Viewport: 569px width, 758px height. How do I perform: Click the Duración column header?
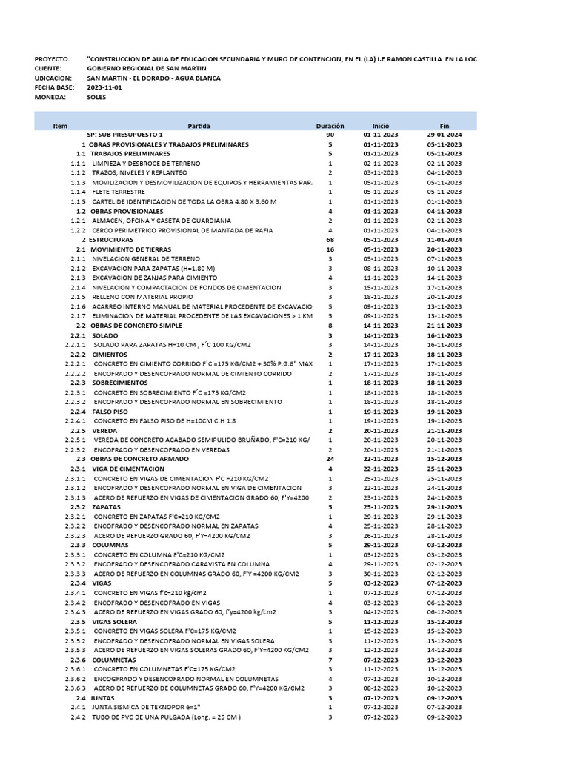coord(330,126)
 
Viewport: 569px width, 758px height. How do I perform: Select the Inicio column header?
coord(381,126)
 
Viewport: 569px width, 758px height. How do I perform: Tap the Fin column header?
coord(445,126)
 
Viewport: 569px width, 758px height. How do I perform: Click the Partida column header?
coord(199,126)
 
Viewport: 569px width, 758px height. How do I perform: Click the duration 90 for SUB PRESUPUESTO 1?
coord(330,135)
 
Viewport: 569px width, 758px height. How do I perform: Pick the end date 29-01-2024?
coord(445,135)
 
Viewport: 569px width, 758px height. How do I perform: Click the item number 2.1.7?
coord(79,316)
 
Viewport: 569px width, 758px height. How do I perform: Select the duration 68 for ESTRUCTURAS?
coord(330,240)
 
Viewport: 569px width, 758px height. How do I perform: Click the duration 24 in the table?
coord(330,460)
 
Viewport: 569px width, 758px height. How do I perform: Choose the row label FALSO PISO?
coord(110,412)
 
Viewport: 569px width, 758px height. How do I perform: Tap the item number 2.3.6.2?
coord(76,679)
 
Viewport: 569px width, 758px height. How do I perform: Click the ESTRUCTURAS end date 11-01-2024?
coord(445,240)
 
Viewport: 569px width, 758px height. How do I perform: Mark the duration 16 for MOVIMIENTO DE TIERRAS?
coord(330,249)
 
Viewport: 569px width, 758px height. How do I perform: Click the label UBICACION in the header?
coord(53,78)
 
